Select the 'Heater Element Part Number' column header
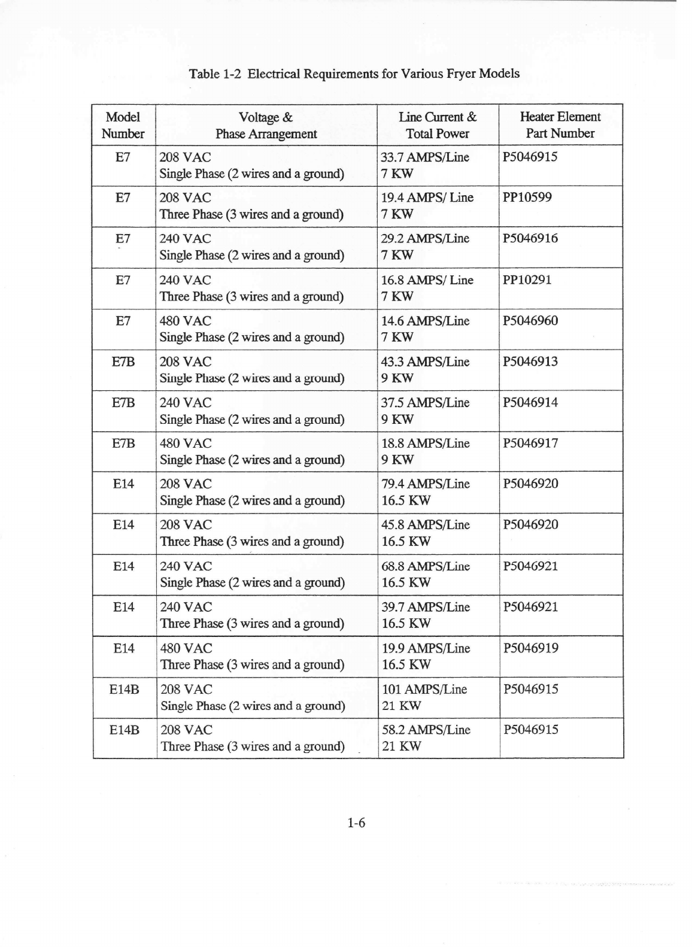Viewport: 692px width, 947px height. point(560,125)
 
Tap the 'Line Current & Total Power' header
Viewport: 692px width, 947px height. point(438,125)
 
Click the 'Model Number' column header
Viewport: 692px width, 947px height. point(123,125)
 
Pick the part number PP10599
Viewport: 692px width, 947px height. point(527,198)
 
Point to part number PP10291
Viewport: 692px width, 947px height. point(527,280)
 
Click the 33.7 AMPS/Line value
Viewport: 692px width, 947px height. point(425,157)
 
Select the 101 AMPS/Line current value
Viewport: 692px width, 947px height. point(424,689)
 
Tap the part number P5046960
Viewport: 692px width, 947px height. point(530,320)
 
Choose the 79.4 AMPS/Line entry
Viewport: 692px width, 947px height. point(425,484)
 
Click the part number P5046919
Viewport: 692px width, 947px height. point(530,648)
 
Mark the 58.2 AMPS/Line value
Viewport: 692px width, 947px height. point(426,730)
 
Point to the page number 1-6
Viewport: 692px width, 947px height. point(356,822)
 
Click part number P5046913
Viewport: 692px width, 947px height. point(530,362)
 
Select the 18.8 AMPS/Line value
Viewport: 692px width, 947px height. point(425,443)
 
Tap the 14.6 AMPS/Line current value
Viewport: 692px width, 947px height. point(425,321)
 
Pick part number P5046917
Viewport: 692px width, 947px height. point(530,443)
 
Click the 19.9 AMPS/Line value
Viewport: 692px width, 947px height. point(426,648)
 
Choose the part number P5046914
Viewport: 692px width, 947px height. point(530,402)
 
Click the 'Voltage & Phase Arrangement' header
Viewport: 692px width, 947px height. point(266,125)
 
